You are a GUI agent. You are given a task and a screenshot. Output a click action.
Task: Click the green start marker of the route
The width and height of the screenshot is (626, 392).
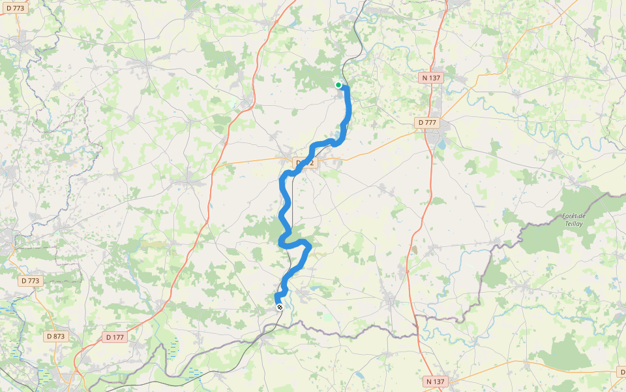click(x=338, y=85)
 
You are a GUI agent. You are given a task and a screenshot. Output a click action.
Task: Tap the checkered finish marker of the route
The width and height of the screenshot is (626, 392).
click(x=280, y=306)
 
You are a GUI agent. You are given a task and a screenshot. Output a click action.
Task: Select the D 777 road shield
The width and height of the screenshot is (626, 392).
click(x=428, y=122)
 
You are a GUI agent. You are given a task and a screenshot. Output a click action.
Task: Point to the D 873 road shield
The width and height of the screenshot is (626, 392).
click(x=56, y=336)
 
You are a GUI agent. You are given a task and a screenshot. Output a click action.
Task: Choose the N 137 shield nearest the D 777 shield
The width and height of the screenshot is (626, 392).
click(x=431, y=78)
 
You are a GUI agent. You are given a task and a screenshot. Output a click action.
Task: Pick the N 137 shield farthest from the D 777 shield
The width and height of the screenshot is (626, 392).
click(x=436, y=381)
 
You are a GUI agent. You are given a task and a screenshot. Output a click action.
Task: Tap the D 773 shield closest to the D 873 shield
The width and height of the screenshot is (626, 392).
click(x=30, y=281)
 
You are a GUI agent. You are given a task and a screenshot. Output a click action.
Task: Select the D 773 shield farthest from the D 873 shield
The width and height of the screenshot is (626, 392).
click(x=16, y=8)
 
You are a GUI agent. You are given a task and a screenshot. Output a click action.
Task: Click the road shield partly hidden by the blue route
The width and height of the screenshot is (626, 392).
click(x=306, y=163)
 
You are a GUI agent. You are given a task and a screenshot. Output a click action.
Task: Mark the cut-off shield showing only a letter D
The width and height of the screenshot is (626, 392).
click(x=621, y=371)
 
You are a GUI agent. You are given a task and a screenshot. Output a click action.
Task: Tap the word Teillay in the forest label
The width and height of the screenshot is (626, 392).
click(x=574, y=223)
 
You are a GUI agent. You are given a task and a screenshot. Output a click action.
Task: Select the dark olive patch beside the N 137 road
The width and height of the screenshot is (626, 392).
click(x=415, y=250)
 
